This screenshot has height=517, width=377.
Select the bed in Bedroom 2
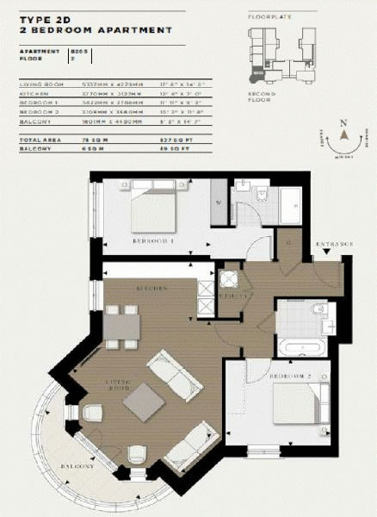[x=299, y=404]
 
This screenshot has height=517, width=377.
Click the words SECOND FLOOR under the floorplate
[x=259, y=97]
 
